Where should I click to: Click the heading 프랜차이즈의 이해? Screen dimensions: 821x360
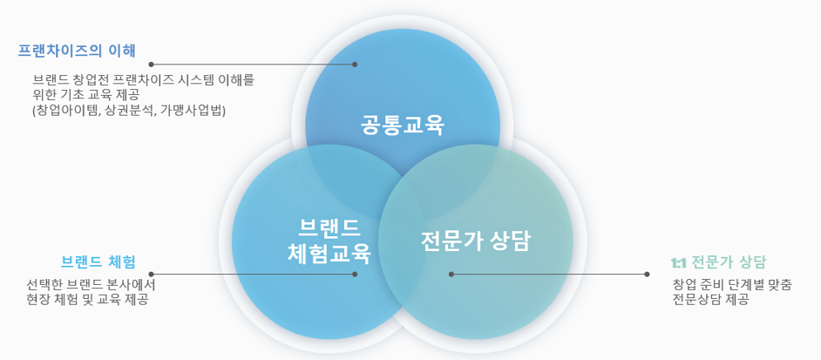[77, 51]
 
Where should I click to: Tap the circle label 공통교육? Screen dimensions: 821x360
[402, 126]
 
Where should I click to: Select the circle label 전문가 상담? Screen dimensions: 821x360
[475, 241]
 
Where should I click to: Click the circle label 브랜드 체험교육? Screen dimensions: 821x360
[329, 241]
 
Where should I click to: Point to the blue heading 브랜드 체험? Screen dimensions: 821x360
[98, 262]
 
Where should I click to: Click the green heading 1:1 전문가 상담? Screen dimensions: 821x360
[718, 262]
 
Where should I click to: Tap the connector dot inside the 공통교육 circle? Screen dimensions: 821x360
[355, 65]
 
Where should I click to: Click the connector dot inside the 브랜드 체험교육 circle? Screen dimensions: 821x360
[355, 274]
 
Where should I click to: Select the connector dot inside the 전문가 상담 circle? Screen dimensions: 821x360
[451, 274]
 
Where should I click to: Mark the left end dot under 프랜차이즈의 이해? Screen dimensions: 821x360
[151, 65]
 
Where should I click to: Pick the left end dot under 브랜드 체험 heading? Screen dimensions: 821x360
[151, 274]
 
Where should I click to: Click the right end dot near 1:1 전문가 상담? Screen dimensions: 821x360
[647, 274]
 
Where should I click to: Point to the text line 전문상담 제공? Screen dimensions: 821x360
[710, 300]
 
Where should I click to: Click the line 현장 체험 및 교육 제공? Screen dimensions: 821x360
[87, 300]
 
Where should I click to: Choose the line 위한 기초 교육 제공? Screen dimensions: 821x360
[90, 95]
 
